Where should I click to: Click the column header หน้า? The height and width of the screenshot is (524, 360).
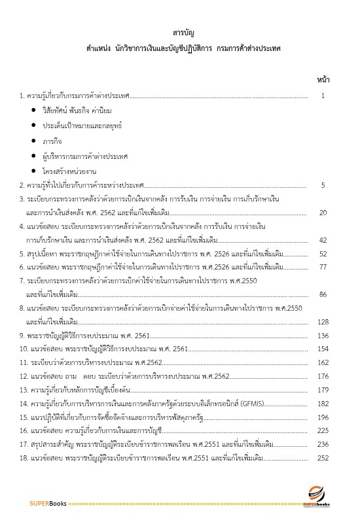point(323,80)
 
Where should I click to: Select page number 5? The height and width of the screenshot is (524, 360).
point(323,186)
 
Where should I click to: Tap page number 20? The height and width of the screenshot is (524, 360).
point(323,213)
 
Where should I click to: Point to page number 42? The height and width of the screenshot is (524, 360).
point(323,240)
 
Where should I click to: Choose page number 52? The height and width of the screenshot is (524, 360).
point(323,254)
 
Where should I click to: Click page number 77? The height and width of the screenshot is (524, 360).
point(323,268)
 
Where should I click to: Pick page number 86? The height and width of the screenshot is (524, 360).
point(323,295)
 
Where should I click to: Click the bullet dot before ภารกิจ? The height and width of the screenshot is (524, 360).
point(34,140)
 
